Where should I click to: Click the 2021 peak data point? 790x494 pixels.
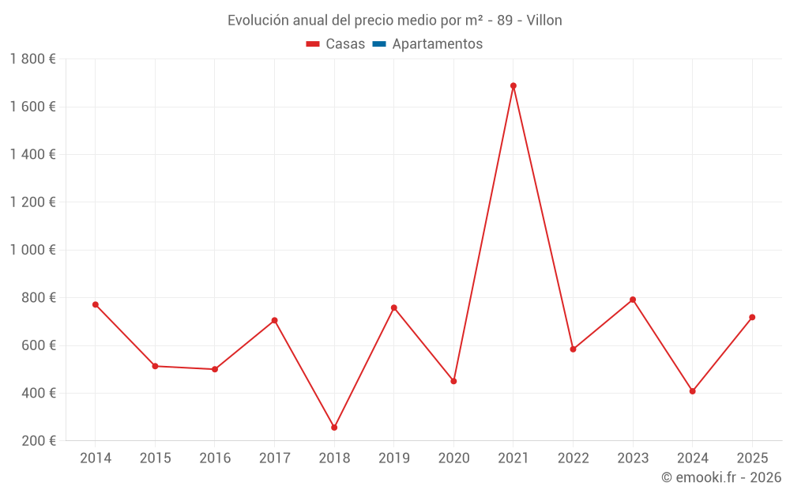(513, 85)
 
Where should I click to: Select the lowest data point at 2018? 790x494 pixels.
(334, 428)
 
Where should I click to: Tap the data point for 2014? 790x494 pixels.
(96, 304)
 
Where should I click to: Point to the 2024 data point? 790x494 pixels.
(693, 391)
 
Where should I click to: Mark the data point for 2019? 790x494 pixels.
(394, 307)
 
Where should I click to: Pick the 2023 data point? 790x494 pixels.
(633, 300)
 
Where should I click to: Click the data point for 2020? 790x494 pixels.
(453, 381)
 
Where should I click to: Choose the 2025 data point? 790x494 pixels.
(752, 317)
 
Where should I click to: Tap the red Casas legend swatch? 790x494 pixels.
(313, 44)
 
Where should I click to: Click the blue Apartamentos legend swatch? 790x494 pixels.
(378, 44)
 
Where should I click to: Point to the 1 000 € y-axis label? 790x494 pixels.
(32, 250)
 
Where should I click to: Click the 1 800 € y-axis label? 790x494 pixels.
(32, 59)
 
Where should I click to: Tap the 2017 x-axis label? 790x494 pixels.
(274, 458)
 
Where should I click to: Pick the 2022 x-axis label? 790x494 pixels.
(573, 458)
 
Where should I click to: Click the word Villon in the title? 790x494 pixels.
(544, 21)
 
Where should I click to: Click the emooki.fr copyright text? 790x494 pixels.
(721, 477)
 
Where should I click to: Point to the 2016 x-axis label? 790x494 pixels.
(215, 458)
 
